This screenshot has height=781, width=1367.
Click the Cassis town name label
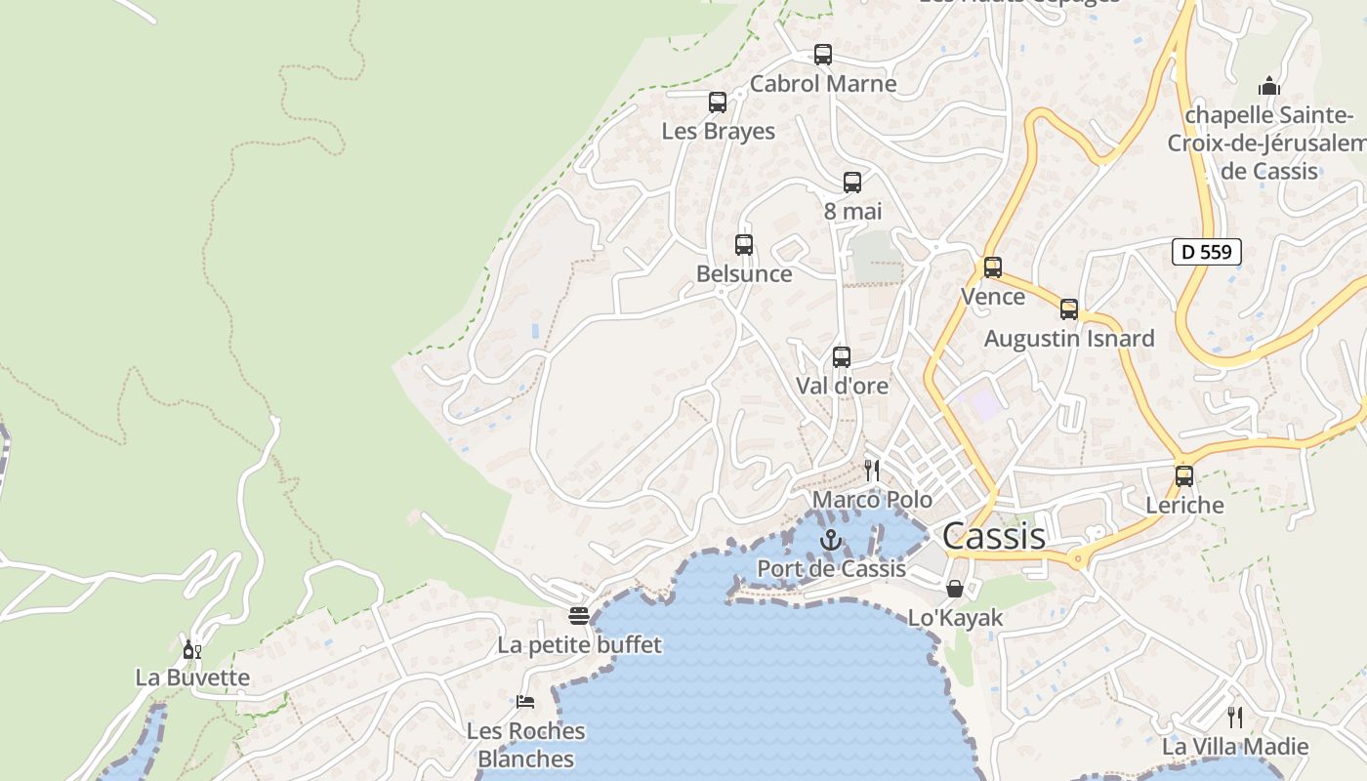(x=994, y=536)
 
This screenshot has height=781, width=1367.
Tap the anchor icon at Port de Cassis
(x=831, y=540)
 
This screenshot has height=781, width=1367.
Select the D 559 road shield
(x=1206, y=252)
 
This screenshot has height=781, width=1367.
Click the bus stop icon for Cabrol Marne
(x=823, y=55)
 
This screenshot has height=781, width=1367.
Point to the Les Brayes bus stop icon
(x=718, y=103)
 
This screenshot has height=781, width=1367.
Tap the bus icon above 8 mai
(x=852, y=183)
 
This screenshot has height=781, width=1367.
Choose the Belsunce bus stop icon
(x=744, y=245)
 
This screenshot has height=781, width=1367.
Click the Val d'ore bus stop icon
(x=842, y=357)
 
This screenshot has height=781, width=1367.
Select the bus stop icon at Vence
(x=993, y=267)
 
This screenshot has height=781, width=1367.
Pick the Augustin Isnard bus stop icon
(x=1069, y=310)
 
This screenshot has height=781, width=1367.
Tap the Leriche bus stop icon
(x=1184, y=476)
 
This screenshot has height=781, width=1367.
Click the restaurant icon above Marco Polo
(x=872, y=471)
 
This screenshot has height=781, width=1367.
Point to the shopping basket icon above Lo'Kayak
(x=955, y=589)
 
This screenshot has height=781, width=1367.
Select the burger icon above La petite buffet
(x=579, y=616)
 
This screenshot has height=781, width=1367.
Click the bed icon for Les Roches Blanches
(x=525, y=701)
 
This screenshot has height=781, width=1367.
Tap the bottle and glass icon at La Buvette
(x=192, y=649)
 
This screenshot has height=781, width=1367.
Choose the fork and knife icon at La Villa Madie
(x=1235, y=718)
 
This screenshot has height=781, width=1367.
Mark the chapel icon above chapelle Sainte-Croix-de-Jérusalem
(x=1269, y=86)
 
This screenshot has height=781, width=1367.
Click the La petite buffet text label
(x=579, y=645)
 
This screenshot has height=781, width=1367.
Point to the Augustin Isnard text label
(x=1069, y=339)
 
